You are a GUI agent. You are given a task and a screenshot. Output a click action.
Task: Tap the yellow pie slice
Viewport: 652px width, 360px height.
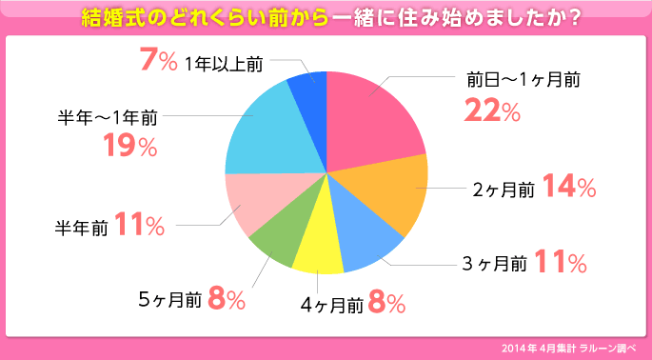[x=319, y=248]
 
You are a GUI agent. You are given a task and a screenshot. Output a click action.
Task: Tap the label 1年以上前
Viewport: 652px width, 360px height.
[x=224, y=64]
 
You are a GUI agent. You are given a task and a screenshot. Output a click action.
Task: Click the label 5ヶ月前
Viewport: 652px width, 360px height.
[x=169, y=300]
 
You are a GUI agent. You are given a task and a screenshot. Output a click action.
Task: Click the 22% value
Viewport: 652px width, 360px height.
[x=492, y=110]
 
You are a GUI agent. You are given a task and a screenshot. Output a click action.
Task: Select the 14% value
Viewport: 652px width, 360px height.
[x=569, y=188]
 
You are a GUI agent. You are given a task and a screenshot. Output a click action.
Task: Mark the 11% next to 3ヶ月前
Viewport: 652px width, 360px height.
[x=560, y=260]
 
